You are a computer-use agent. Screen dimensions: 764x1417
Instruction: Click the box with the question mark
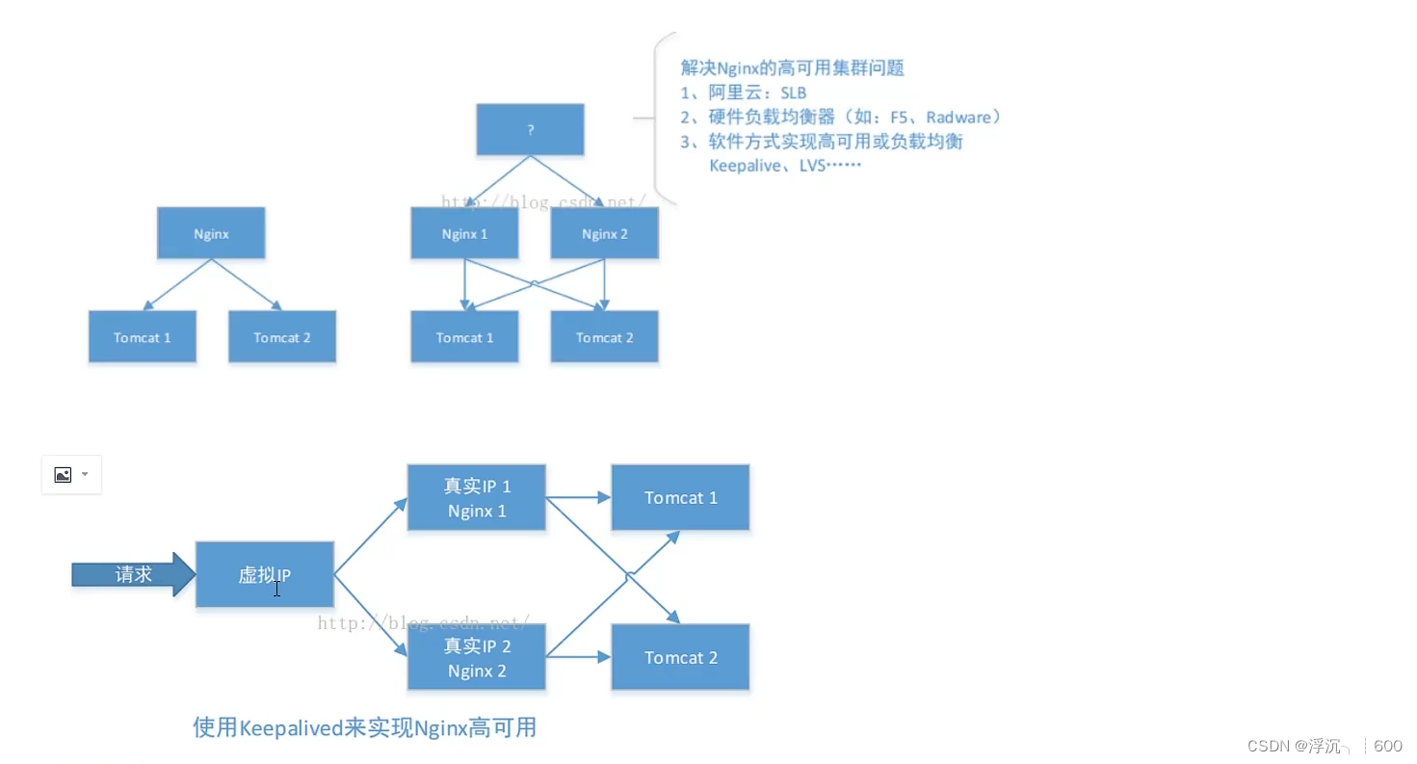click(x=530, y=130)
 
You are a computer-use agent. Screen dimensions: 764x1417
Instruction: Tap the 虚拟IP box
click(x=265, y=574)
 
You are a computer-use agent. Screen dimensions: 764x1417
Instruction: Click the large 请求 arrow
click(x=134, y=574)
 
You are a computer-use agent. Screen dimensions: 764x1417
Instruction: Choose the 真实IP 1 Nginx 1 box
click(x=476, y=498)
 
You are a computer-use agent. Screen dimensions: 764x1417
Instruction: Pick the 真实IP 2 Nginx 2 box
click(x=476, y=657)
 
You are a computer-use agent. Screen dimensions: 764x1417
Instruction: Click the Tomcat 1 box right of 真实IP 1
click(x=680, y=498)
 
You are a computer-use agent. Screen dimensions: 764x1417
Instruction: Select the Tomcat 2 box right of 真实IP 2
click(x=680, y=657)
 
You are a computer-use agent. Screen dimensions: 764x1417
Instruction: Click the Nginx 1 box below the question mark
click(x=464, y=234)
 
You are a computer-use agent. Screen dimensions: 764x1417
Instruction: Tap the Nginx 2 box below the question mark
click(x=604, y=234)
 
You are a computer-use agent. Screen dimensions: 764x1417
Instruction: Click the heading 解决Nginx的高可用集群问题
click(x=792, y=68)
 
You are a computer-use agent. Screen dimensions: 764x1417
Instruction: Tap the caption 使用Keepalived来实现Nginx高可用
click(x=364, y=727)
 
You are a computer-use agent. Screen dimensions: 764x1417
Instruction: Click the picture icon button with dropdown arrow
click(x=71, y=475)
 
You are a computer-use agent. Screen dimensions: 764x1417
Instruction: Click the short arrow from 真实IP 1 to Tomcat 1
click(x=578, y=498)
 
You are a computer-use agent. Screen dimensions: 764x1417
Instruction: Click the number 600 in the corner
click(x=1387, y=746)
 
